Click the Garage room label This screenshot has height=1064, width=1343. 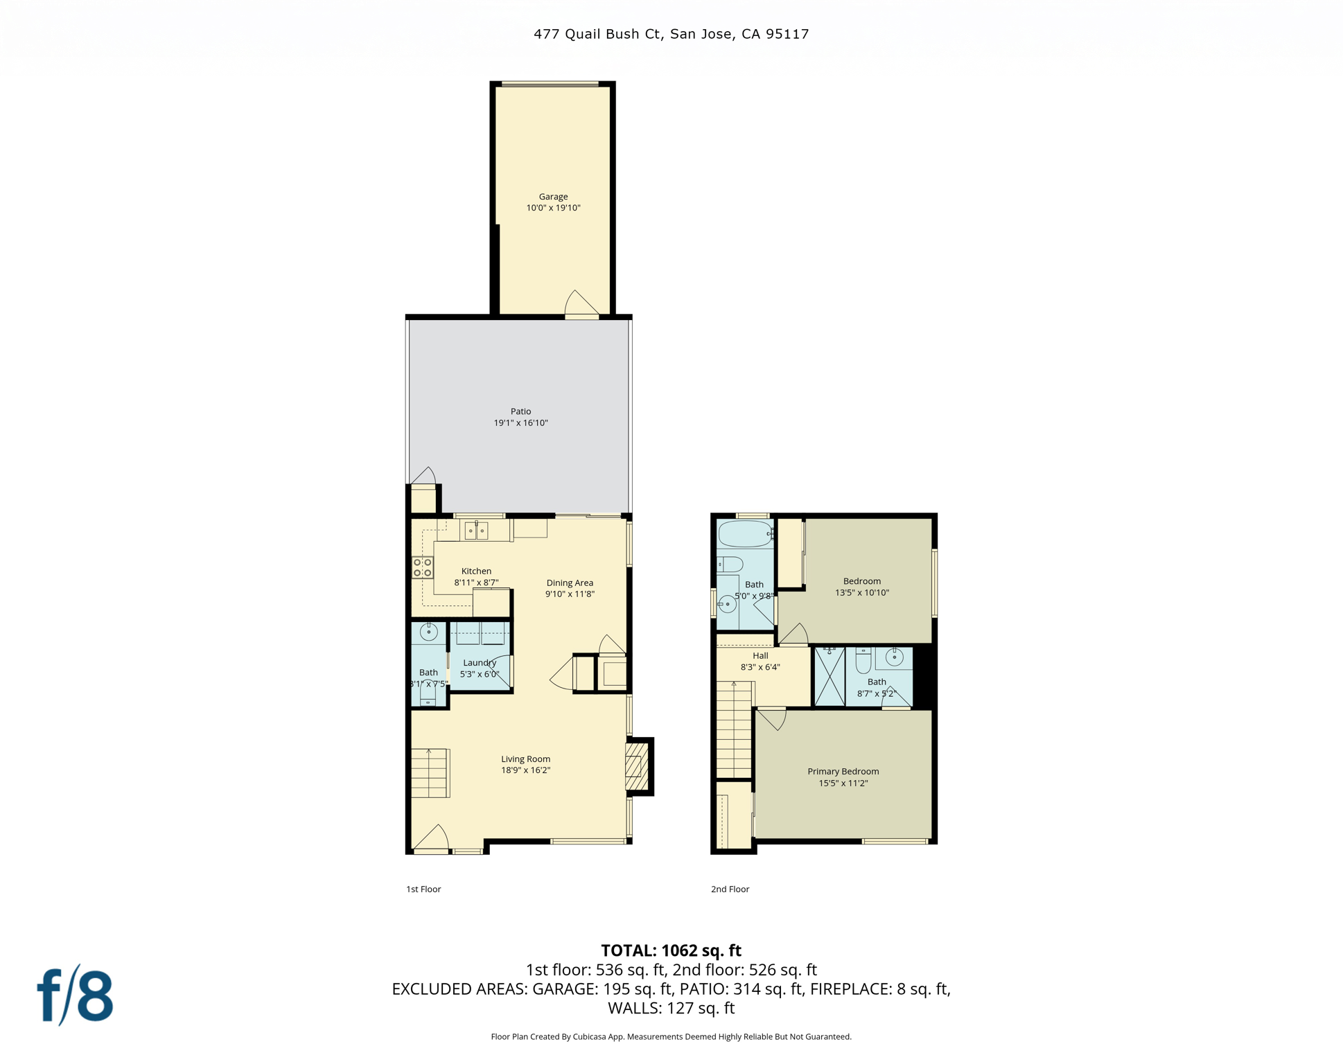[553, 197]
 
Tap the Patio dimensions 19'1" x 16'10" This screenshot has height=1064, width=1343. [520, 423]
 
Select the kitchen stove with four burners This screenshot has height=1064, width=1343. [423, 567]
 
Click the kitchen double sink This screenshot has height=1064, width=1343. [476, 531]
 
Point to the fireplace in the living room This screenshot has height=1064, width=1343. [637, 766]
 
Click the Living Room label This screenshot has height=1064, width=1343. [525, 759]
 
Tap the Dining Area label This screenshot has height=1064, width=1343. [570, 583]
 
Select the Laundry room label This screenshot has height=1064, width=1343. [480, 663]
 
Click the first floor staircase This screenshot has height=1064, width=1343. [430, 773]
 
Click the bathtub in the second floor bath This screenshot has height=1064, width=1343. [745, 534]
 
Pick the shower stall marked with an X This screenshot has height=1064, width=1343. [829, 677]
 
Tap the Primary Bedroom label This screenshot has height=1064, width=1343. [843, 772]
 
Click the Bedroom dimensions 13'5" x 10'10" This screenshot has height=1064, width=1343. [861, 592]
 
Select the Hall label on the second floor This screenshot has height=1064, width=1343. [760, 656]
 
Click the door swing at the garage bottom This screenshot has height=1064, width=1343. [581, 303]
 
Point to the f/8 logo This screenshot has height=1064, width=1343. [75, 995]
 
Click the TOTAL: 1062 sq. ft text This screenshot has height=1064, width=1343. [671, 950]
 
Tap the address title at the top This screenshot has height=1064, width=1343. [671, 34]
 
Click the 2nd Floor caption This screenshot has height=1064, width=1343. [730, 889]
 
